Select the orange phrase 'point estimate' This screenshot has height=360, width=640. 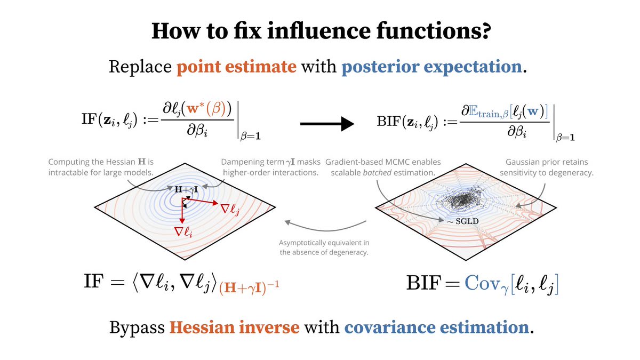[237, 67]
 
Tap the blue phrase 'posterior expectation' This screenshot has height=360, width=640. [431, 67]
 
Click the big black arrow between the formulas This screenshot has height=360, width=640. [327, 124]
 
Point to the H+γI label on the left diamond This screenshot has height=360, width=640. [186, 189]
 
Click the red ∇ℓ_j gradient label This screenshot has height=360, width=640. [230, 210]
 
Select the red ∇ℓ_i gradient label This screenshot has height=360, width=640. [183, 231]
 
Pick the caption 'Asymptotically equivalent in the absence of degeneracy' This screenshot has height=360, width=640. [324, 247]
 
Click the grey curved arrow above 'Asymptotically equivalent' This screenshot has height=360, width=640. [325, 228]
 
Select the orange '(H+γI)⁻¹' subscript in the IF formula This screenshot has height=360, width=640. [249, 287]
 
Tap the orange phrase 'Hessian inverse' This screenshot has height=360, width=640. [234, 327]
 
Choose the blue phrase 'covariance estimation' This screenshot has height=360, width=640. [437, 327]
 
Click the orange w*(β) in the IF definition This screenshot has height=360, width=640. [206, 109]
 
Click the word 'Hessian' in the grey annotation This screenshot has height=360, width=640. [121, 162]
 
